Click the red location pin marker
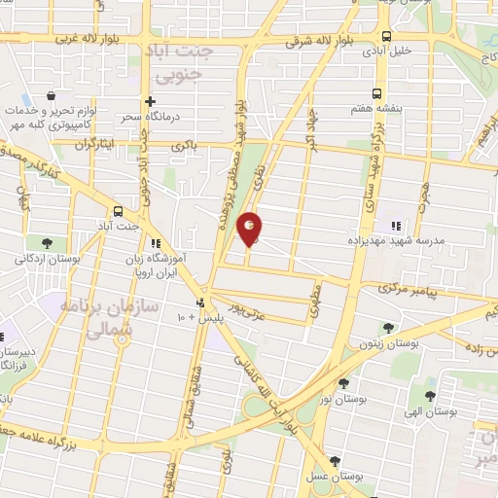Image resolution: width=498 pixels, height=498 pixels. (x=250, y=229)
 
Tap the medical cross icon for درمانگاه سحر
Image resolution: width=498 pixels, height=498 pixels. (x=150, y=101)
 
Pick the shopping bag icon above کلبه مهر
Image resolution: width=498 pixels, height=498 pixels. (x=51, y=97)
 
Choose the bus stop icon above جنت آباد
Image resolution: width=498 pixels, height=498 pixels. (x=118, y=211)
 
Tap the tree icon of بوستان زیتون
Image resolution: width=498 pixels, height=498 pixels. (x=389, y=329)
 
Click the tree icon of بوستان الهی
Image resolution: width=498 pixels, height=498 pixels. (x=429, y=396)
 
